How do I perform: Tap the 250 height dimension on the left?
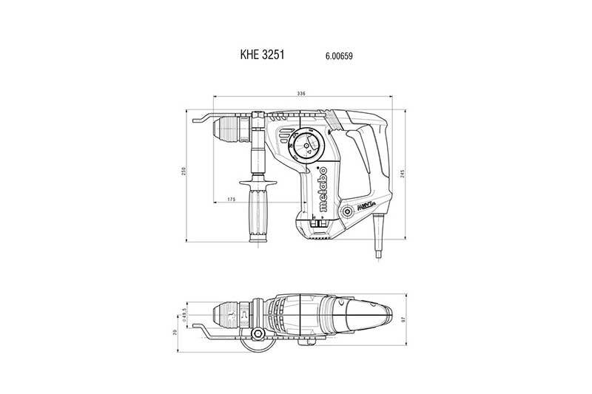coord(185,171)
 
